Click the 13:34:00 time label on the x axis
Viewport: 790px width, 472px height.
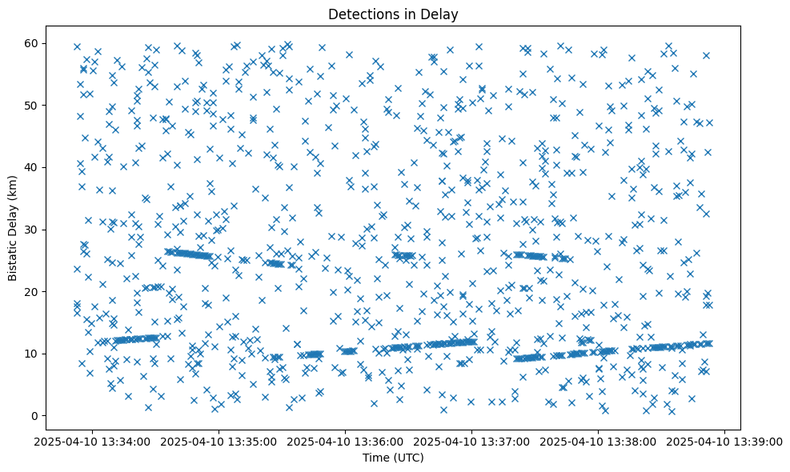(93, 441)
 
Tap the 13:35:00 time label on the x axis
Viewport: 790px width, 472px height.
(219, 441)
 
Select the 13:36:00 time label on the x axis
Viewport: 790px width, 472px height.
(346, 441)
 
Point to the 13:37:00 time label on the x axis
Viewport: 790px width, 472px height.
(472, 441)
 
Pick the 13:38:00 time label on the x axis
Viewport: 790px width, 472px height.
(599, 441)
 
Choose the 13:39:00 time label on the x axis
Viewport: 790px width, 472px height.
(725, 441)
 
